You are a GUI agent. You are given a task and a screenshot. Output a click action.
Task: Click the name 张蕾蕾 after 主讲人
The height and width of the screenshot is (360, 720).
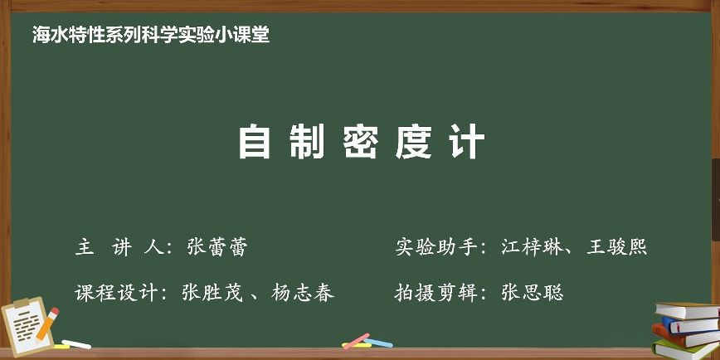(217, 247)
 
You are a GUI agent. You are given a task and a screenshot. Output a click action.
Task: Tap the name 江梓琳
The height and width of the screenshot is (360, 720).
(532, 247)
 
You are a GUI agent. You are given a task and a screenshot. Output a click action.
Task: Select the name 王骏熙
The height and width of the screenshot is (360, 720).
(616, 247)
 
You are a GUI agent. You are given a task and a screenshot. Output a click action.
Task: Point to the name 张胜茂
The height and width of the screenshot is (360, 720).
(212, 293)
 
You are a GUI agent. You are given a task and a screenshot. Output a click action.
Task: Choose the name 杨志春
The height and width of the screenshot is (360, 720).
(303, 293)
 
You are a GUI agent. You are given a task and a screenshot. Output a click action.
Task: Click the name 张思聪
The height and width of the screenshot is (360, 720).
(533, 293)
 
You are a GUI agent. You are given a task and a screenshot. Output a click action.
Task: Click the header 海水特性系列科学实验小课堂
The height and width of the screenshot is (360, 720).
(151, 35)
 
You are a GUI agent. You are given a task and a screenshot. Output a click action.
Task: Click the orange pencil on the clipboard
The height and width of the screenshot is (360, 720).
(47, 324)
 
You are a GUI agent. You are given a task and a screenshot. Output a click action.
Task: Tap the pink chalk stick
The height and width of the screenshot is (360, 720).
(357, 341)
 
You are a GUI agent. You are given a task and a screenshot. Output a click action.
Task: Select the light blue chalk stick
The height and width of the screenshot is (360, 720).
(379, 343)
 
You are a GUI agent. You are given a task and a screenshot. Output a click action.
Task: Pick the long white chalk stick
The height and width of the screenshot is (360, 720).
(76, 344)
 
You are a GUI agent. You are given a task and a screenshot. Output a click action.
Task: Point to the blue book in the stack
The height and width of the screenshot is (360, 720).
(689, 325)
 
